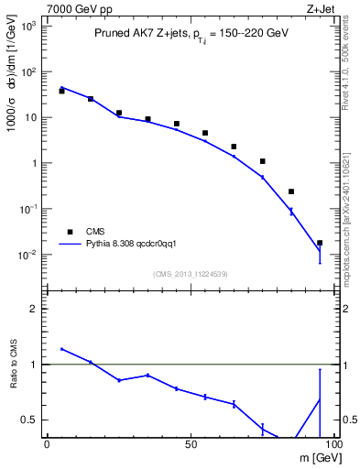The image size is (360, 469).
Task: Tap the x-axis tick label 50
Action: click(189, 444)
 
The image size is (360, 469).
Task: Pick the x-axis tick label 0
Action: click(46, 444)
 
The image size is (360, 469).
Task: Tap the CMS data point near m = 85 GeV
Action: click(291, 191)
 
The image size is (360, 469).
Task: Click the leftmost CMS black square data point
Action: click(61, 91)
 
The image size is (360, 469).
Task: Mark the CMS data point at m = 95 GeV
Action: click(320, 243)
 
